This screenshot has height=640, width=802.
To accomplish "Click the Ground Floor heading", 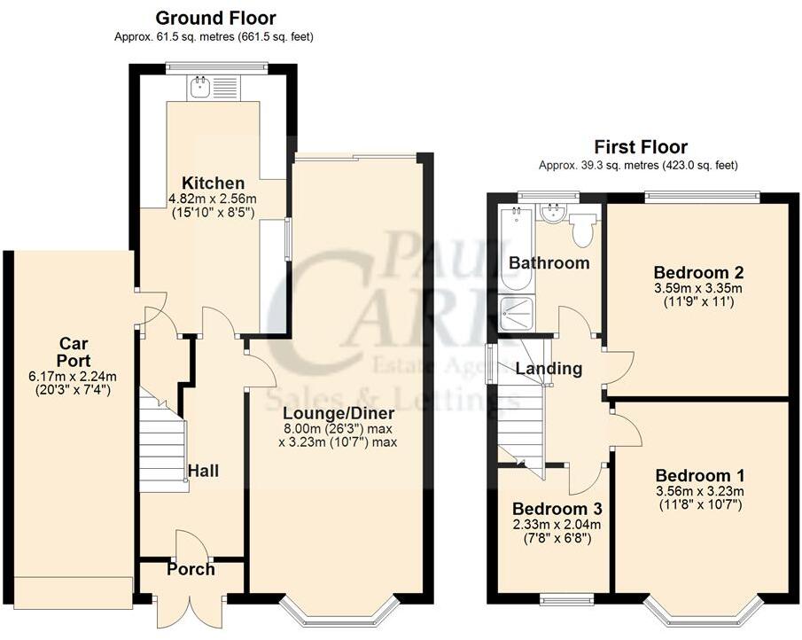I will [x=215, y=18].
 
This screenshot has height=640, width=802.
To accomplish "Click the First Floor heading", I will [x=640, y=147].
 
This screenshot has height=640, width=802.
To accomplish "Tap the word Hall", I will [x=203, y=472].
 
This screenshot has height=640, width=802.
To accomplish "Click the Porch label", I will [x=191, y=569].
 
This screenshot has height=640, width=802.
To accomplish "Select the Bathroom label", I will [x=549, y=262].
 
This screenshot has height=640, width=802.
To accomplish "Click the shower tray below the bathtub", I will [x=514, y=312].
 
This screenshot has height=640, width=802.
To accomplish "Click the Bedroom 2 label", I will [x=697, y=272].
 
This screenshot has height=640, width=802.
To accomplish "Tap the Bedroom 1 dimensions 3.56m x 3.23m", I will [x=698, y=492].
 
